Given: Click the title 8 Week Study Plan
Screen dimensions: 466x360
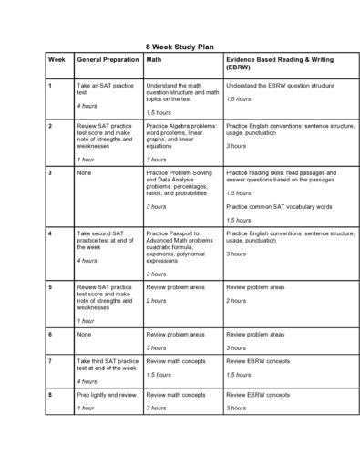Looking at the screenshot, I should [179, 44].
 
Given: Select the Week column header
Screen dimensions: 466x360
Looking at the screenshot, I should [56, 57].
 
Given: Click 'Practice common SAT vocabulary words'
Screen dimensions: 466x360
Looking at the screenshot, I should [279, 206].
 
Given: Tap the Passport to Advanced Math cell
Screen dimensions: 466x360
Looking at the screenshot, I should [180, 246].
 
